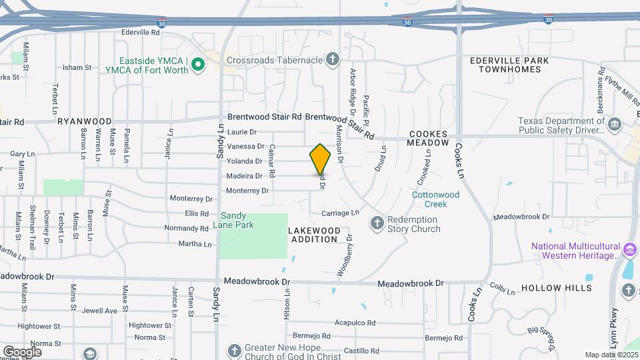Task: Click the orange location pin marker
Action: [321, 159]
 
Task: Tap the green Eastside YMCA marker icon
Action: [197, 65]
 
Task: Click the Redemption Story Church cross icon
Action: [377, 223]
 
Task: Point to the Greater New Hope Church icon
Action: [233, 351]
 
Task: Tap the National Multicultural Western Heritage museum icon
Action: [629, 251]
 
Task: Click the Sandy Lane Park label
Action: [237, 220]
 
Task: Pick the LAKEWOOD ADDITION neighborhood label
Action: [315, 235]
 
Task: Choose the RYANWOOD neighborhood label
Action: [84, 121]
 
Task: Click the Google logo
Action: [22, 351]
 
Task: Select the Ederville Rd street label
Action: [141, 31]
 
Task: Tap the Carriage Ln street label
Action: [340, 213]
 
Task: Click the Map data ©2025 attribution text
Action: [610, 355]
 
